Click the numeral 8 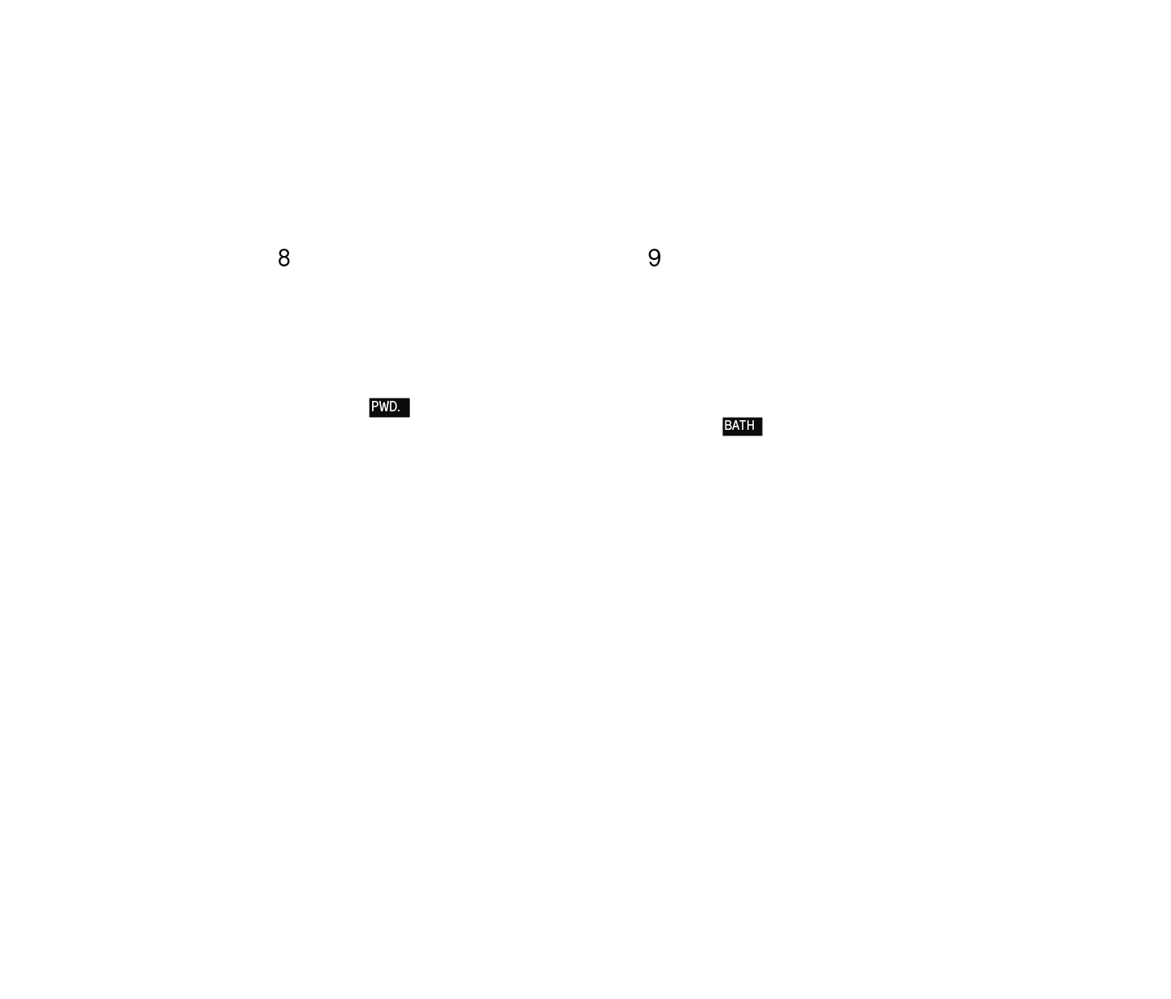tap(283, 258)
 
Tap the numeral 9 tap(654, 258)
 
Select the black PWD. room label tap(389, 408)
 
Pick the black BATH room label tap(742, 427)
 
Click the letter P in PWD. tap(374, 407)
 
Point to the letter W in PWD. tap(383, 407)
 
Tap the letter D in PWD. tap(392, 407)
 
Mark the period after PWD tap(399, 411)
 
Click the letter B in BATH tap(728, 425)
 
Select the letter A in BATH tap(735, 425)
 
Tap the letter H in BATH tap(751, 425)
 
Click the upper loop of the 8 tap(283, 253)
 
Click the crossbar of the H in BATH tap(751, 425)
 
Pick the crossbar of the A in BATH tap(735, 427)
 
